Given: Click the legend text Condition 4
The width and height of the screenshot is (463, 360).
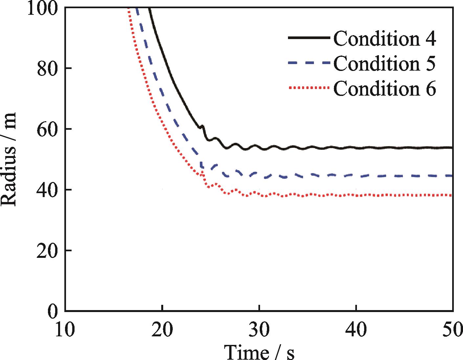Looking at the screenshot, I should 385,38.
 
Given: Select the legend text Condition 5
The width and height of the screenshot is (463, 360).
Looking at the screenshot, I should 385,63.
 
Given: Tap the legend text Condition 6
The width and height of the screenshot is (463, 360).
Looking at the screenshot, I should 385,88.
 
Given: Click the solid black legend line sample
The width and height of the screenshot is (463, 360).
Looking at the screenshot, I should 309,38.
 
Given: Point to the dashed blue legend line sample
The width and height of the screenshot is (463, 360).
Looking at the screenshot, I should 309,63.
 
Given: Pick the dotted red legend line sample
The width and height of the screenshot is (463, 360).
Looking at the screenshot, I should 309,88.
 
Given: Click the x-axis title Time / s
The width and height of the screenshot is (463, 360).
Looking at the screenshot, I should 259,352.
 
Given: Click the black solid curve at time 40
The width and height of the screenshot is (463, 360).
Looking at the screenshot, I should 356,148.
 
